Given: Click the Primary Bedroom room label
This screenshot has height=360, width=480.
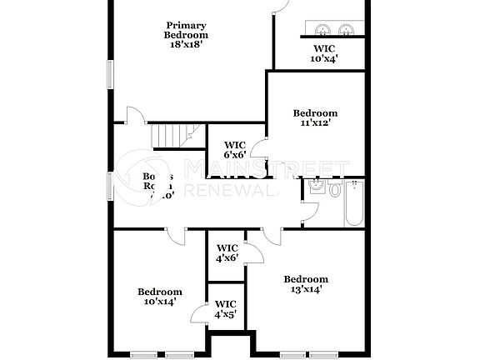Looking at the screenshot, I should coord(186,30).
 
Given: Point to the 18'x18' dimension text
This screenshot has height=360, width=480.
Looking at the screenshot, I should coord(186,45).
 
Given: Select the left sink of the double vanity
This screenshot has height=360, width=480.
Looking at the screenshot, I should coord(322,29).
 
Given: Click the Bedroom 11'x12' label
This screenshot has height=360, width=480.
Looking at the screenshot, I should coord(316,117).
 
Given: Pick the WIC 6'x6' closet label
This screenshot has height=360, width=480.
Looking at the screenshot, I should coord(236,149).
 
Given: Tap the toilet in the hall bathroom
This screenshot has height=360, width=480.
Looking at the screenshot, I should coord(335,190).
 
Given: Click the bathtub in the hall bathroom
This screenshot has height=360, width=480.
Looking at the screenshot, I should coord(353,205).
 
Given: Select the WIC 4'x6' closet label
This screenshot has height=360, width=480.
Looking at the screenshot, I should coord(227,252).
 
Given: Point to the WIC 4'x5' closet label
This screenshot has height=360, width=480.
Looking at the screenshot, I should coord(226,308).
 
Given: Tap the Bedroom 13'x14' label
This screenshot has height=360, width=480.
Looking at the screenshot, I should coord(306,284).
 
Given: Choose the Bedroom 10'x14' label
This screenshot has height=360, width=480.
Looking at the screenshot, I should coord(160,297).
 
